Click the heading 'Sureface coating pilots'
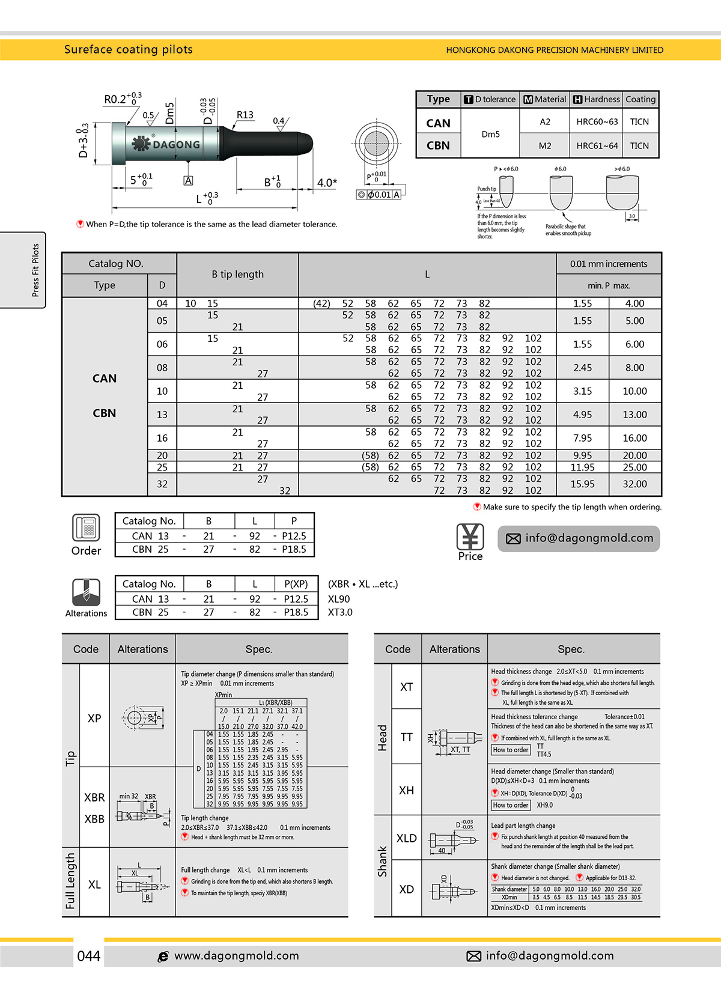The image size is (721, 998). [128, 49]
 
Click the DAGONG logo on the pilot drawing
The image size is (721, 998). [166, 144]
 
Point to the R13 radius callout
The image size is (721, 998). [245, 115]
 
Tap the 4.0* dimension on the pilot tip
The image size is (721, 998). [327, 182]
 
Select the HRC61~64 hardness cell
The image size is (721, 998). [597, 145]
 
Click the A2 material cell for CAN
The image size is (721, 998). [544, 121]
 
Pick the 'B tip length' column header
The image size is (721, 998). [237, 274]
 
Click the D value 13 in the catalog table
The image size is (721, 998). [162, 414]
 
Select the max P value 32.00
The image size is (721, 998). [634, 484]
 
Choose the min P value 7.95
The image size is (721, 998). [582, 438]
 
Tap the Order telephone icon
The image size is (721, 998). [86, 528]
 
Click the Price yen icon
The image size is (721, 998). [470, 537]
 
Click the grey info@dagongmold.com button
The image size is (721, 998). [578, 538]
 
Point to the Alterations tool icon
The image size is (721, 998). [86, 592]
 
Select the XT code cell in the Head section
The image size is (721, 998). [406, 687]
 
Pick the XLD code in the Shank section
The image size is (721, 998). [406, 838]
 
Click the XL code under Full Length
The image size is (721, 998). [94, 884]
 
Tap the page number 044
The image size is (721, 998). [89, 955]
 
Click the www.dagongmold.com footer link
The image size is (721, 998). [236, 955]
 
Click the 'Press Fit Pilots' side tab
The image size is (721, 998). [35, 270]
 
